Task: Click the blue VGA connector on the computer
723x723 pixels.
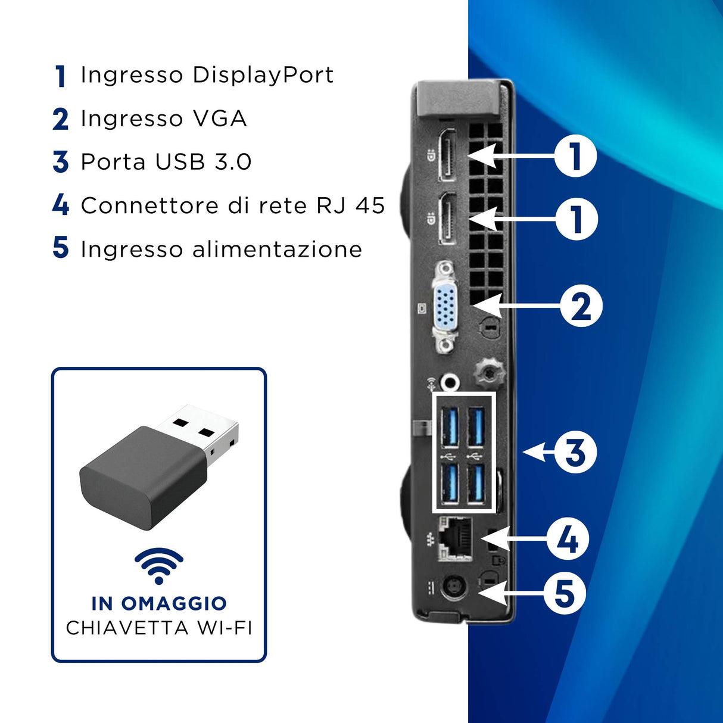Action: [x=444, y=307]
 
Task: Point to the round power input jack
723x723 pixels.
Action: [x=454, y=590]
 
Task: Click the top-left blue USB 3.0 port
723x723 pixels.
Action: [x=450, y=426]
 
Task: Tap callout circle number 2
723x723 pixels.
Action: [x=581, y=306]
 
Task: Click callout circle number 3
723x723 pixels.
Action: [x=575, y=452]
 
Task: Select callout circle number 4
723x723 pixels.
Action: [x=568, y=539]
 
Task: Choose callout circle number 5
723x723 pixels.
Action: [x=565, y=593]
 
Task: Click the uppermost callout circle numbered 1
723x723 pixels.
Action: [x=575, y=156]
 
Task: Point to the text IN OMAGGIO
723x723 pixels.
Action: [x=159, y=603]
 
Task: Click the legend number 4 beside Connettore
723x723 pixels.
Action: [x=61, y=205]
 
